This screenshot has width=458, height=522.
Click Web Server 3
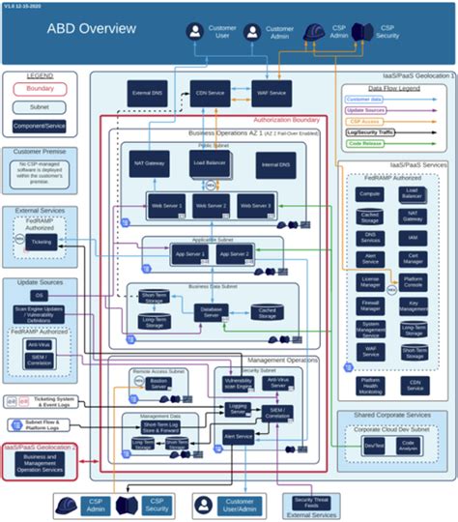point(256,205)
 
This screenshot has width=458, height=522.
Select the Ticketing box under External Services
point(43,241)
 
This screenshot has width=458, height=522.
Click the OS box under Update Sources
point(40,294)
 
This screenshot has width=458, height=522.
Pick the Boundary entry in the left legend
point(41,90)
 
